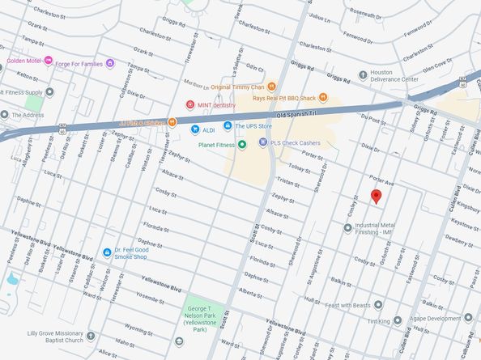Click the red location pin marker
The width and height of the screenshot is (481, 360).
[x=375, y=197]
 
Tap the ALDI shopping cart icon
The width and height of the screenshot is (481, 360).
[x=195, y=129]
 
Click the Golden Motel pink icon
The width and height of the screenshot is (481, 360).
[x=49, y=61]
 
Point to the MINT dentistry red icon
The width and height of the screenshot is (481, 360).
[x=189, y=104]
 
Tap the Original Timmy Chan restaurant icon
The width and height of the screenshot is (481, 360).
[x=273, y=87]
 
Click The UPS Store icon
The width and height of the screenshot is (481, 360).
[x=228, y=126]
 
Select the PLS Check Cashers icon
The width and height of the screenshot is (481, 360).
[x=263, y=142]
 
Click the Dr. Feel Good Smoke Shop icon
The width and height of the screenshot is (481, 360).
[x=108, y=252]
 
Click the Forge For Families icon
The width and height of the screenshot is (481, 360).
[x=110, y=62]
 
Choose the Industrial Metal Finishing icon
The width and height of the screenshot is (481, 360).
[x=348, y=228]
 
